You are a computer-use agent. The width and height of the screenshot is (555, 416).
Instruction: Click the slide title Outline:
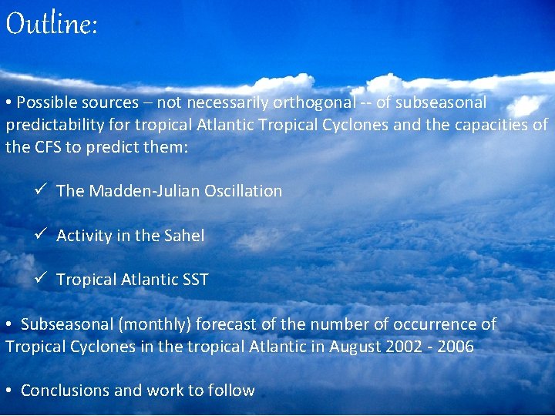click(52, 25)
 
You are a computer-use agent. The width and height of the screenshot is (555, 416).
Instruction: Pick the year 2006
click(456, 347)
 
